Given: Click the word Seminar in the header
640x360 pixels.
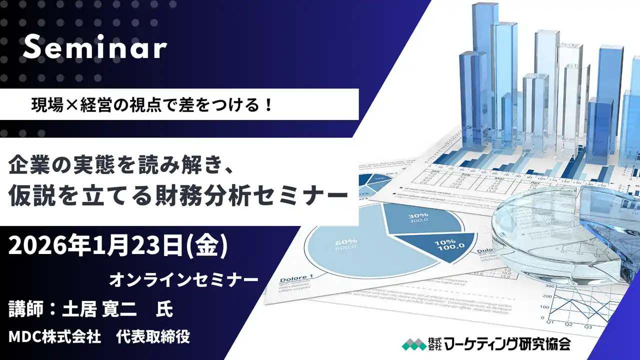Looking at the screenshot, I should pyautogui.click(x=94, y=48).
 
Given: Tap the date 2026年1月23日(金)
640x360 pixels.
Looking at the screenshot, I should pyautogui.click(x=118, y=247).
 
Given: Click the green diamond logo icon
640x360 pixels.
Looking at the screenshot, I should pyautogui.click(x=413, y=344).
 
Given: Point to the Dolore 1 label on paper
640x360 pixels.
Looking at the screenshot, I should pyautogui.click(x=296, y=278).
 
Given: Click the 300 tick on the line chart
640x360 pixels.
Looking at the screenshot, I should pyautogui.click(x=550, y=286).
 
